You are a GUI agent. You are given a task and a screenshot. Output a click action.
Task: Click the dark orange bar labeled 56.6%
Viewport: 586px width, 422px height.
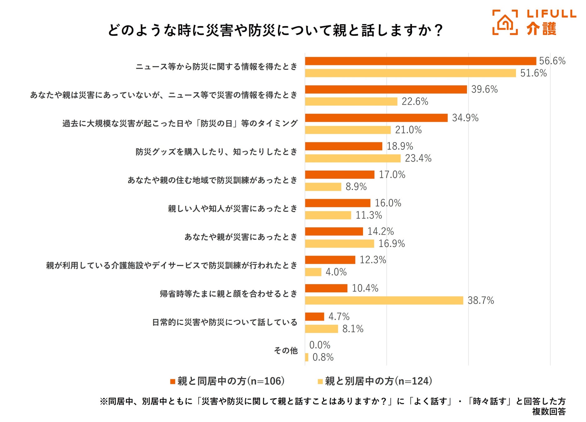(420, 61)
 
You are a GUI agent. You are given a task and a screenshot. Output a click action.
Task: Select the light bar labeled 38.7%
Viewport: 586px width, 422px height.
(384, 300)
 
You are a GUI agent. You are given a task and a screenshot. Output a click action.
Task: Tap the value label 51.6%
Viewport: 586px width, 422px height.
(533, 73)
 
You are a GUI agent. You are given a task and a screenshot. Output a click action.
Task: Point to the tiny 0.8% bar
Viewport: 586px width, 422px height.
(307, 357)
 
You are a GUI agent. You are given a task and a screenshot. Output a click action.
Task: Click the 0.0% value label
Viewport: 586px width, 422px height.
(320, 345)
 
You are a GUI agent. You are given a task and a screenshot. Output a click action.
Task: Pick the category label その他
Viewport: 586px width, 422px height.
(286, 351)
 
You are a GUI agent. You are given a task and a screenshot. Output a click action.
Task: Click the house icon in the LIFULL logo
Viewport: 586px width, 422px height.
(505, 23)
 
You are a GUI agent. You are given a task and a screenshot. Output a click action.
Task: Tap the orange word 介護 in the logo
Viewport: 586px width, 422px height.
(541, 29)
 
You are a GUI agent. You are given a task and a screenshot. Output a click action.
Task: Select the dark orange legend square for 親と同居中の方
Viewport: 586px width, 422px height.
(172, 382)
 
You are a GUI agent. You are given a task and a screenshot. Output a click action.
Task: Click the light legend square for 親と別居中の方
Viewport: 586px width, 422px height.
(320, 382)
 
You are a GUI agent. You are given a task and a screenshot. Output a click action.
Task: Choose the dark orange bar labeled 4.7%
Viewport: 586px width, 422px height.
(315, 317)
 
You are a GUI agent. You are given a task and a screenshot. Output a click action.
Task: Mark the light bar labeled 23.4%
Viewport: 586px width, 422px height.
(353, 158)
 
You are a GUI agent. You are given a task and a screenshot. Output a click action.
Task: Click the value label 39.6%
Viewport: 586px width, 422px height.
(484, 89)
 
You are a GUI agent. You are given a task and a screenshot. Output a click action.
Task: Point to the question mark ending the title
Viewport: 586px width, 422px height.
(439, 30)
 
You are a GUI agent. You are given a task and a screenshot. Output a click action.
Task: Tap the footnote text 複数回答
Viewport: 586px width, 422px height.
(549, 412)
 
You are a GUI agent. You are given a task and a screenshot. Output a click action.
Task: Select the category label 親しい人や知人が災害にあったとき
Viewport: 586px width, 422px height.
(232, 208)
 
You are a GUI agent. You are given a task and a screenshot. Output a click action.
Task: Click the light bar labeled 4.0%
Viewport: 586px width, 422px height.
(313, 272)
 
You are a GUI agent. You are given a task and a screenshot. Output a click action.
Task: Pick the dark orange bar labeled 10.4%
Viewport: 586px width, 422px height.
(326, 288)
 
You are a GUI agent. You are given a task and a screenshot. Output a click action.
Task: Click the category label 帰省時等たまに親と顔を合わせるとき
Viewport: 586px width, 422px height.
(228, 294)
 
